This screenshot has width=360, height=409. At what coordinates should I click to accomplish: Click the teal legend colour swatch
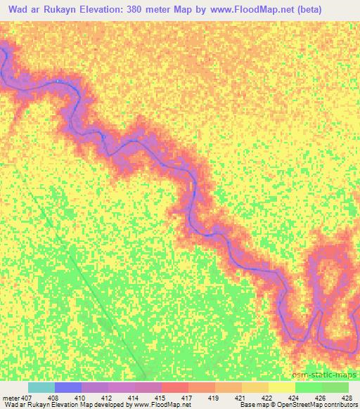tap(41, 387)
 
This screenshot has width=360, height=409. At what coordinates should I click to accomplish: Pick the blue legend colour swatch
tap(68, 387)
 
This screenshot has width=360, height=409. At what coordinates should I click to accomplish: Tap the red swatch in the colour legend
tap(176, 387)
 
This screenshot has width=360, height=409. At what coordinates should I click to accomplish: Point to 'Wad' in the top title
tap(17, 8)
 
